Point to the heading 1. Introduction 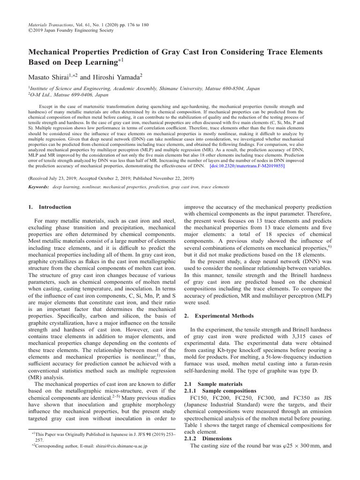point(50,207)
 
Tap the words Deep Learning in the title point(90,61)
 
